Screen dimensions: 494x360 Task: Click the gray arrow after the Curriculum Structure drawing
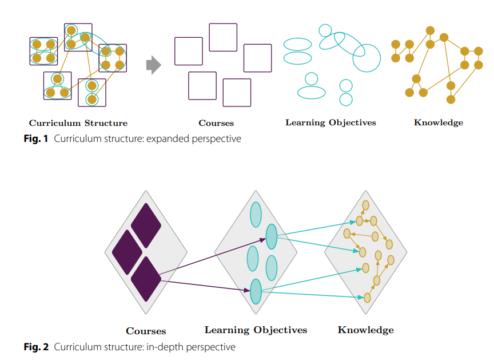click(x=154, y=65)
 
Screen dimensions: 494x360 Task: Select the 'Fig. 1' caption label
click(x=35, y=139)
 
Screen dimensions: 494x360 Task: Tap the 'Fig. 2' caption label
click(x=36, y=347)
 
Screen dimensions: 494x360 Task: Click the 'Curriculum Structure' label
click(x=78, y=123)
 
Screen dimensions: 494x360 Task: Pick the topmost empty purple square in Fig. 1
click(x=223, y=37)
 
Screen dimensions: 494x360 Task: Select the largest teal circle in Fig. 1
click(x=366, y=58)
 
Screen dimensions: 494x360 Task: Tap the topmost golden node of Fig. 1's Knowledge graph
click(x=430, y=30)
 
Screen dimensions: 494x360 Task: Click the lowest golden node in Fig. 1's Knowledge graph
click(x=451, y=100)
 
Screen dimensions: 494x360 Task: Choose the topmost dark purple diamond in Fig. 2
click(x=146, y=226)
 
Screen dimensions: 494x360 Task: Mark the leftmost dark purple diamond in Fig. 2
click(x=128, y=252)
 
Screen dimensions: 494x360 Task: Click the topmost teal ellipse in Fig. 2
click(x=256, y=215)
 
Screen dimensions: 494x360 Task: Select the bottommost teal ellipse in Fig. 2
click(x=256, y=291)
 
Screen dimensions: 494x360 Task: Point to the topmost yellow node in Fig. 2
click(x=365, y=205)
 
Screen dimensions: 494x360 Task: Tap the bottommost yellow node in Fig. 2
click(x=367, y=298)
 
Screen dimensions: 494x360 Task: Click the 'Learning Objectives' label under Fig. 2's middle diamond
click(x=256, y=330)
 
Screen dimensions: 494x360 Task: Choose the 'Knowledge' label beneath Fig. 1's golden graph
click(x=438, y=122)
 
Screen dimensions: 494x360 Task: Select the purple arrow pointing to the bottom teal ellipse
click(x=205, y=285)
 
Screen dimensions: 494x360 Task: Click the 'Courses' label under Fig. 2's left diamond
click(x=146, y=331)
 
